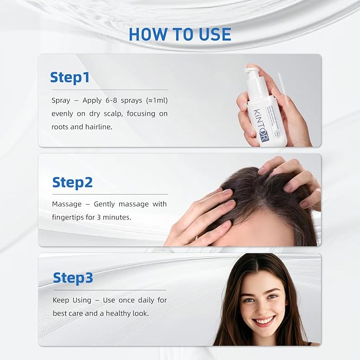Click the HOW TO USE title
(x=180, y=34)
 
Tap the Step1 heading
(x=69, y=77)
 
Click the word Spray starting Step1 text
(x=60, y=100)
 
